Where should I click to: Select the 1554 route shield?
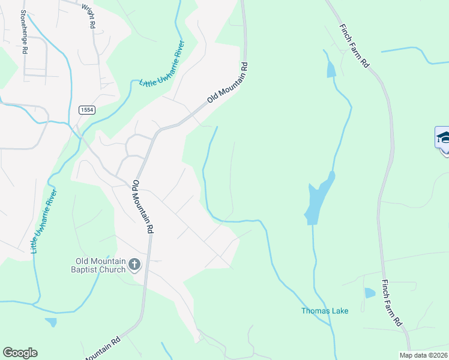point(86,109)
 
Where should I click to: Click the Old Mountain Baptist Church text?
point(100,265)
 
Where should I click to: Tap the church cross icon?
point(134,264)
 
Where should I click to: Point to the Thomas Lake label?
point(324,311)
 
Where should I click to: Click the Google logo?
point(20,353)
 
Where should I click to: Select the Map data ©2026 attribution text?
point(423,355)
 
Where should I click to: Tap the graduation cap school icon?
point(443,137)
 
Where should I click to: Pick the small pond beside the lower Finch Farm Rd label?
point(369,293)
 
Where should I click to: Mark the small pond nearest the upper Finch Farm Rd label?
point(331,70)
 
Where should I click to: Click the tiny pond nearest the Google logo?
point(52,322)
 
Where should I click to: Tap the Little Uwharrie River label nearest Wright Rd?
point(161,64)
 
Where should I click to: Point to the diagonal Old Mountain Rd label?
point(228,82)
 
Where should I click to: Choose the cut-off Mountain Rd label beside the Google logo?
point(101,348)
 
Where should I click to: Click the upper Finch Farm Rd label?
point(354,46)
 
